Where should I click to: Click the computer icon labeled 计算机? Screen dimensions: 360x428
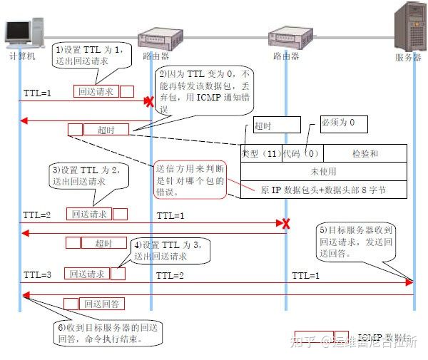20,30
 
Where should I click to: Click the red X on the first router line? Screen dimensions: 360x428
149,102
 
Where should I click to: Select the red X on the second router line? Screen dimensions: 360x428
286,224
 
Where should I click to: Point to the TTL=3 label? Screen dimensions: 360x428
36,274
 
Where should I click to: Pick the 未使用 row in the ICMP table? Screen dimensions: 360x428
324,172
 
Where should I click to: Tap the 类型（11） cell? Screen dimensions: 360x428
261,153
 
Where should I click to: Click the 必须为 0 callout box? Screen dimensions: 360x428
342,123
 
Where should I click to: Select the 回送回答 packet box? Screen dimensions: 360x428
103,304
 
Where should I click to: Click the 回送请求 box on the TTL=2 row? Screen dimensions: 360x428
89,214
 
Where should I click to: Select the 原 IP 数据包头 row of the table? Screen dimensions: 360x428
324,190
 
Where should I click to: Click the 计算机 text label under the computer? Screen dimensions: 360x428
21,56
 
